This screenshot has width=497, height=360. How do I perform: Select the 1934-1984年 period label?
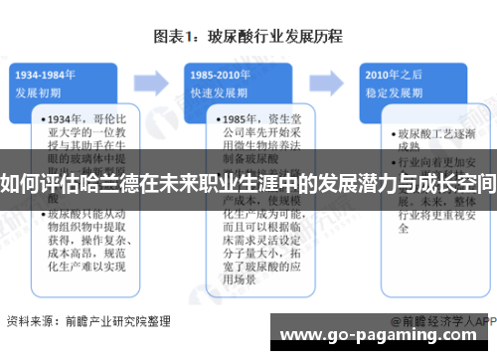pos(47,76)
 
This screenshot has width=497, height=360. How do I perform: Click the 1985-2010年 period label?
pos(221,76)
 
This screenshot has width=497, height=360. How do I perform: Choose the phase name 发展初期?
pos(39,91)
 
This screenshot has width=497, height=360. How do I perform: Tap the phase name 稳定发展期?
pos(391,91)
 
